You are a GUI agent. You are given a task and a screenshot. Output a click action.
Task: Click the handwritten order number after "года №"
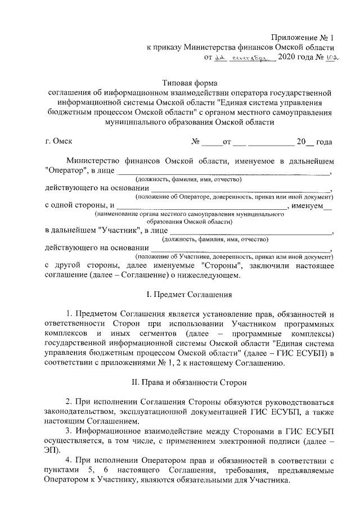tap(327, 58)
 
